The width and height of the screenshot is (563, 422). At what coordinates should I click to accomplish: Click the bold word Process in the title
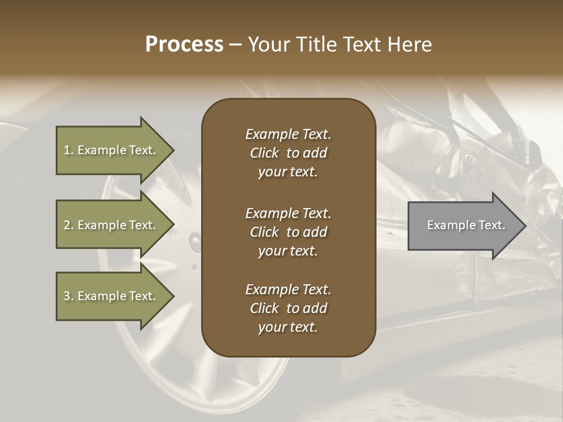pyautogui.click(x=184, y=45)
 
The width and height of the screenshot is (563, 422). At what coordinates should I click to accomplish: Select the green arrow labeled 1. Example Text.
pyautogui.click(x=111, y=150)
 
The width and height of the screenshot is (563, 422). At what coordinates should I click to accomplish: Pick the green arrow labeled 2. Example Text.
pyautogui.click(x=111, y=225)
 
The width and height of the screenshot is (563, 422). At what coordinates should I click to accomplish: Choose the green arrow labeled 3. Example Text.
pyautogui.click(x=111, y=296)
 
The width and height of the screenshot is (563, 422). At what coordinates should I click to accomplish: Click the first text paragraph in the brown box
pyautogui.click(x=288, y=153)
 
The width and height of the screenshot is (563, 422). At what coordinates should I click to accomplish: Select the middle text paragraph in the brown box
pyautogui.click(x=288, y=232)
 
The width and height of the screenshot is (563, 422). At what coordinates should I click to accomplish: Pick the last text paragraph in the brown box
pyautogui.click(x=288, y=308)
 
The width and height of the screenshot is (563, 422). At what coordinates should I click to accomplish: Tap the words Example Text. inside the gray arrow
pyautogui.click(x=466, y=225)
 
